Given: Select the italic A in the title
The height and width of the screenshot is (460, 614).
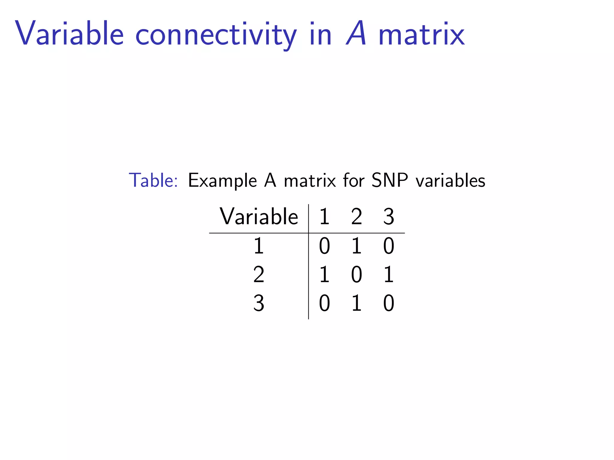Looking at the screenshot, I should tap(356, 34).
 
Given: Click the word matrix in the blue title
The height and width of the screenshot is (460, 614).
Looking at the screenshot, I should tap(422, 34).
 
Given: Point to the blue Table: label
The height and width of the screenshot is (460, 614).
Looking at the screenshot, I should tap(153, 181).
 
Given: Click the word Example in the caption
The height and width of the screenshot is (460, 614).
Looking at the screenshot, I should tap(222, 181).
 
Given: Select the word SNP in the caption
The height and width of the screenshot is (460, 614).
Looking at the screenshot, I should tap(389, 181).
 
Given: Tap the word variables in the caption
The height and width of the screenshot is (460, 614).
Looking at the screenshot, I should tap(450, 181).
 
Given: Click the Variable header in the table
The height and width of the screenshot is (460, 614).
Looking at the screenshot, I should tap(259, 216).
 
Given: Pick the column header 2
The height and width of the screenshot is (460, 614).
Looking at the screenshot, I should tap(356, 217).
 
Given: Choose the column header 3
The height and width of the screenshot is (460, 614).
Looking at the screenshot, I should tap(389, 217).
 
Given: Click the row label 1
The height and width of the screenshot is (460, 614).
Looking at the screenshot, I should tap(259, 246).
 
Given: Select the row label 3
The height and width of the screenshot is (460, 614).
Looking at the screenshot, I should tap(259, 303).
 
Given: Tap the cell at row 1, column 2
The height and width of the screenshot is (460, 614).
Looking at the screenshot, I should tap(356, 246).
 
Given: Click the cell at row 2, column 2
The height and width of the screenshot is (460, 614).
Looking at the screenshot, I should tap(356, 275).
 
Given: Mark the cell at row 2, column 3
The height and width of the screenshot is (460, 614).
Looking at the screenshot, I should tap(389, 275).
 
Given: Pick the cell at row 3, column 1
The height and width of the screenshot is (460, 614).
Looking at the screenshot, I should tap(324, 303).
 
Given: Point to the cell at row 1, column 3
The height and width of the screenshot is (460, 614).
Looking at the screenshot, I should tap(389, 246).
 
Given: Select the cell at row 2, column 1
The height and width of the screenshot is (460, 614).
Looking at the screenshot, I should tap(324, 275).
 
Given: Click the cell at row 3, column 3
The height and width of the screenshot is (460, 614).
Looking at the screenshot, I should tap(389, 303).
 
